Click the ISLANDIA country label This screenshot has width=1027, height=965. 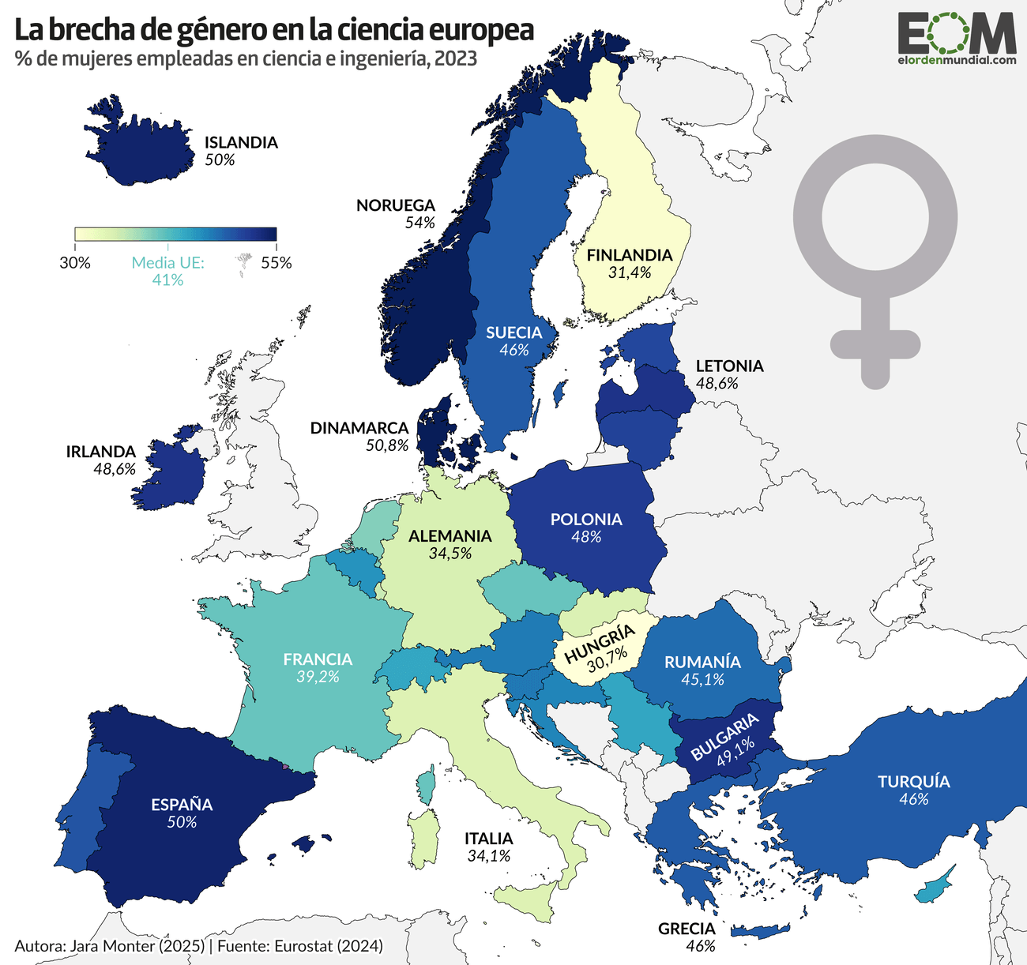(241, 143)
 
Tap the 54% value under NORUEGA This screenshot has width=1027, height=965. (419, 223)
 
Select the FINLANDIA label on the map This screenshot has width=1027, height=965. (629, 255)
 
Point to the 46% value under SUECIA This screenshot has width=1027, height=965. (513, 350)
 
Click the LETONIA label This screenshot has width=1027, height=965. (729, 366)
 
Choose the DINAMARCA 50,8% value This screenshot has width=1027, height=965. (387, 445)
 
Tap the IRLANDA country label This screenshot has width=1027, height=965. (100, 452)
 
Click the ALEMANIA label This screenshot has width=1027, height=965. (450, 536)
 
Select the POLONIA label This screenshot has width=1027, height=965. (586, 520)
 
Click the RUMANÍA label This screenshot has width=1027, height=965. (702, 662)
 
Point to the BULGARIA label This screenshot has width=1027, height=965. (723, 736)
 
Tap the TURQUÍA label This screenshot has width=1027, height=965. (913, 782)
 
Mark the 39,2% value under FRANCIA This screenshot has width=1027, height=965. (318, 677)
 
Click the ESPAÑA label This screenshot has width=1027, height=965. (182, 805)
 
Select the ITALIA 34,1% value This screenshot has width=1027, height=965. (488, 855)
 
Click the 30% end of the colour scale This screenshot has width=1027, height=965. (75, 263)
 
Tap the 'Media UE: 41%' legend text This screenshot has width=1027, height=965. (167, 271)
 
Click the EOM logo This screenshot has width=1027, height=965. (956, 36)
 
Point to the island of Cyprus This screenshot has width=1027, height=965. (936, 887)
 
